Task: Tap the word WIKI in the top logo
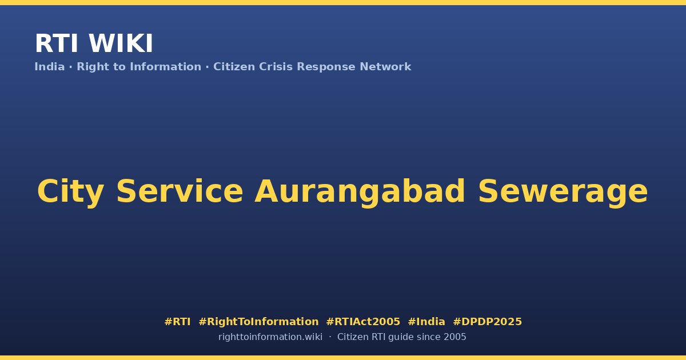click(x=121, y=43)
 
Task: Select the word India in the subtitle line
click(x=50, y=67)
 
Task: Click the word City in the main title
click(x=71, y=191)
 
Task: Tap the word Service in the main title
click(x=180, y=191)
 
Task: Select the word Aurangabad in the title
click(x=360, y=192)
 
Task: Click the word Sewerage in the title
click(x=563, y=192)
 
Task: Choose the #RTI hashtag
click(x=177, y=322)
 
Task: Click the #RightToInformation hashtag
click(x=258, y=322)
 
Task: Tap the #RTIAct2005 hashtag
click(x=363, y=322)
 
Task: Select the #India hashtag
click(x=426, y=322)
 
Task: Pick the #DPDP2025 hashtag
click(x=487, y=322)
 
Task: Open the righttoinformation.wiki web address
click(x=270, y=337)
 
